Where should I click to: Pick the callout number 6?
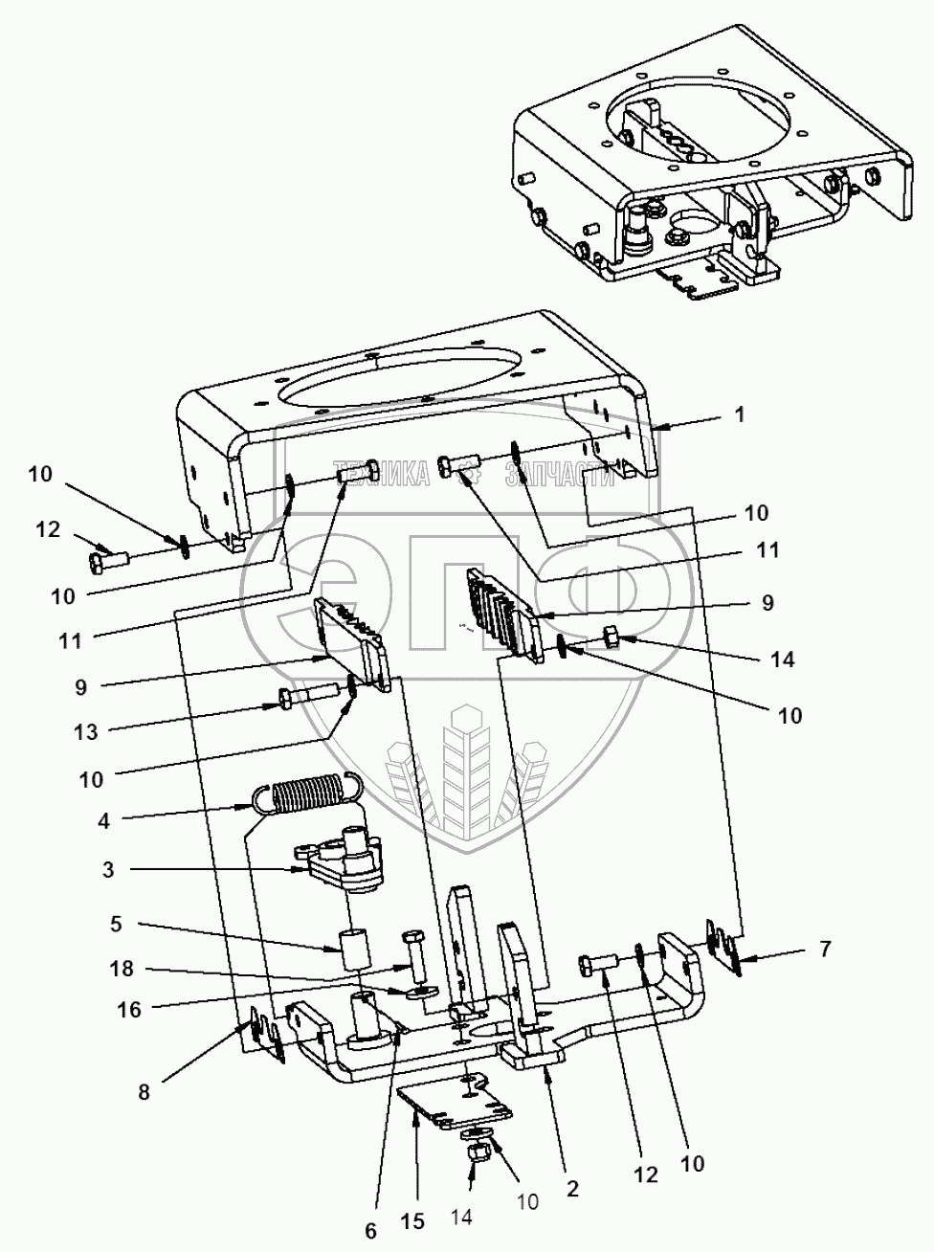[x=370, y=1231]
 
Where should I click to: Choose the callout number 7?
[x=824, y=950]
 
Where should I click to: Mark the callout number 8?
[x=145, y=1090]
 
